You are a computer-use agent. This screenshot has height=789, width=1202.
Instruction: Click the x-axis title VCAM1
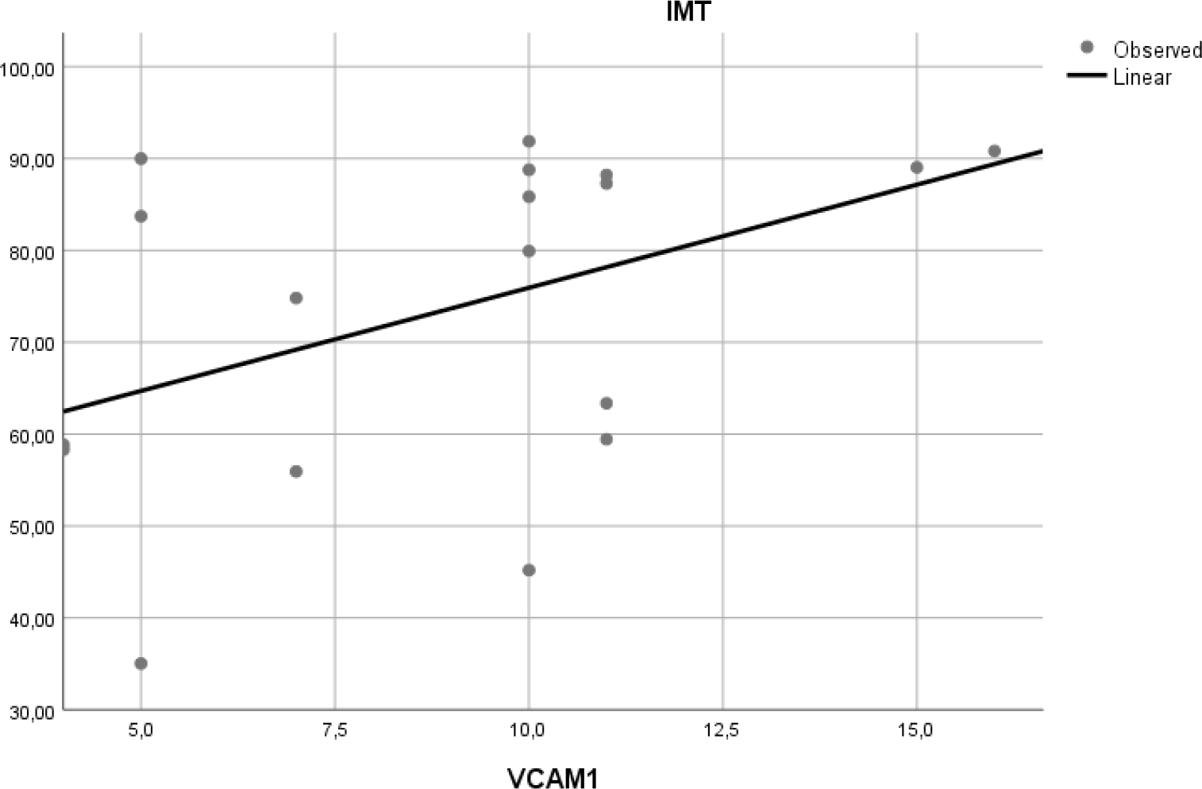click(553, 778)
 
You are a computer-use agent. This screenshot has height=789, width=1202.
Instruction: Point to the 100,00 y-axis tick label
click(28, 69)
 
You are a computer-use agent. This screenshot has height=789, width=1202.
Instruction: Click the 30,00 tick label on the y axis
click(28, 712)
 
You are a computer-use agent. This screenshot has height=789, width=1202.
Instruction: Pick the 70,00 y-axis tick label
click(28, 344)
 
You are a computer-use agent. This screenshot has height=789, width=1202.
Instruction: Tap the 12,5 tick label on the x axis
click(722, 730)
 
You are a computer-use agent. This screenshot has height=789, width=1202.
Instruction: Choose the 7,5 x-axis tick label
click(334, 730)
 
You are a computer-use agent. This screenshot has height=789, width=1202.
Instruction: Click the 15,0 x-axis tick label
click(915, 730)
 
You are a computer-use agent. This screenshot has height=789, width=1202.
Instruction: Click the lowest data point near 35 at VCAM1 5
click(141, 664)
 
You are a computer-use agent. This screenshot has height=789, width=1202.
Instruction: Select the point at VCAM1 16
click(994, 151)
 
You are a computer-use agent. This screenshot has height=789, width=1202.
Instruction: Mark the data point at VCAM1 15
click(916, 167)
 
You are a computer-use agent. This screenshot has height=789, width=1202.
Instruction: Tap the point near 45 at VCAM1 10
click(529, 570)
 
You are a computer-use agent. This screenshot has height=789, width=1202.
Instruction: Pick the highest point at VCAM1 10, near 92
click(529, 141)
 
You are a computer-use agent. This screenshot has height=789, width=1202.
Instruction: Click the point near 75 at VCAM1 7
click(296, 298)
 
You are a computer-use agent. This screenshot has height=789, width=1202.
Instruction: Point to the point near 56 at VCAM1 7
click(296, 471)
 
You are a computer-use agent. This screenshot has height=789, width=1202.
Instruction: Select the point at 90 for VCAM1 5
click(141, 159)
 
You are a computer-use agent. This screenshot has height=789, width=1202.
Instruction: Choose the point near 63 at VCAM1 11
click(606, 403)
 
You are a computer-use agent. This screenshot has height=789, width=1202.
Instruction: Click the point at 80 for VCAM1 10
click(529, 251)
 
